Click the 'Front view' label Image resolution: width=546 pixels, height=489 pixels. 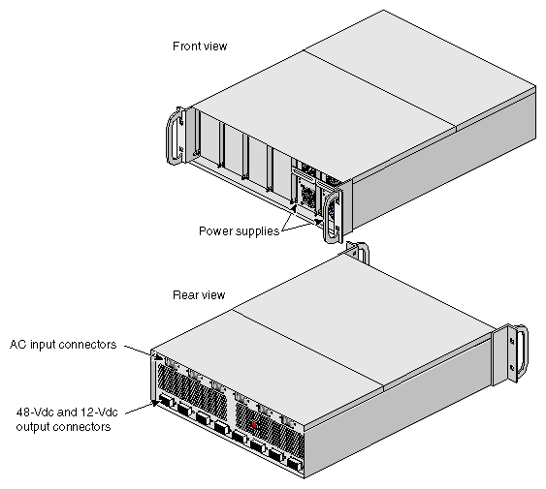(x=200, y=46)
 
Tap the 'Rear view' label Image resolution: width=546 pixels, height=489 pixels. (x=199, y=295)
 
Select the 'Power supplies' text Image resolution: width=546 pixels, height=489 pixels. (x=239, y=231)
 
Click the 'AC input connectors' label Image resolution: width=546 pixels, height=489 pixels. (x=63, y=345)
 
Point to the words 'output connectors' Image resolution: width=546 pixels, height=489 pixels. (x=63, y=427)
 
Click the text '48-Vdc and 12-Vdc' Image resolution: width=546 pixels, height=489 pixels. (x=67, y=413)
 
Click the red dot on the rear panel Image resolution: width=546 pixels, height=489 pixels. (x=254, y=425)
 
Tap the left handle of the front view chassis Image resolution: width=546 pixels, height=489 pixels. (x=175, y=136)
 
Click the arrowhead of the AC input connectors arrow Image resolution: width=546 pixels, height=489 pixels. (x=159, y=357)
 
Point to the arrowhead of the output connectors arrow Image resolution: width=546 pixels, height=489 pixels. (x=155, y=403)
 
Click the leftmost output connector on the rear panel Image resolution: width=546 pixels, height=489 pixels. (x=167, y=401)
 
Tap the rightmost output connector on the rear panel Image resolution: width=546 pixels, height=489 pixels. (x=294, y=464)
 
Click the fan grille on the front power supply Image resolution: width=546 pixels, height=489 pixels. (x=307, y=195)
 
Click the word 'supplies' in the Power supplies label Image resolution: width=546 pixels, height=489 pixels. (x=258, y=231)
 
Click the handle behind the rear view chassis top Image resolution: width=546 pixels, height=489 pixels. (x=358, y=252)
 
